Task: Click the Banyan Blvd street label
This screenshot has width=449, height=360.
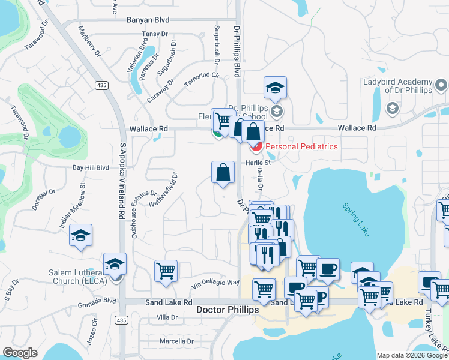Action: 148,20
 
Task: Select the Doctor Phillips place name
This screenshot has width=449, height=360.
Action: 228,310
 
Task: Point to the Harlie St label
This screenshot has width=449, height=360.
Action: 259,162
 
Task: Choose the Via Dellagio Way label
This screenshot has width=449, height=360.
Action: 215,282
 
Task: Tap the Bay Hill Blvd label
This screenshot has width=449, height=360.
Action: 91,168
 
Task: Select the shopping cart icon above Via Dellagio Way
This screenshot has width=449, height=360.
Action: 166,270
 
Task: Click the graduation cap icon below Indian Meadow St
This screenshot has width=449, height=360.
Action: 80,236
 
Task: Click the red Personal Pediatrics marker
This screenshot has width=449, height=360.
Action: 256,146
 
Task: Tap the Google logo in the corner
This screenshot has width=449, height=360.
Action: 20,352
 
